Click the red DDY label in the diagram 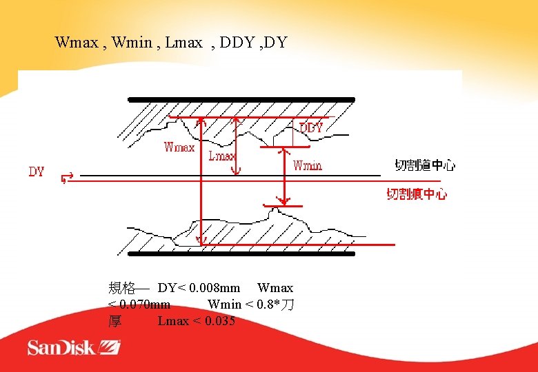[311, 128]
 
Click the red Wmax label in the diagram [179, 147]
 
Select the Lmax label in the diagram [221, 156]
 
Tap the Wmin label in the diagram [307, 165]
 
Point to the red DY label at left [37, 172]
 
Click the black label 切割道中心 [425, 165]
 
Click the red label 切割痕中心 [417, 194]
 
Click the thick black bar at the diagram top [241, 100]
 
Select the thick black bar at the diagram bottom [241, 254]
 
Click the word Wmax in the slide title [77, 43]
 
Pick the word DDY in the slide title [239, 43]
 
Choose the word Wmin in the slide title [131, 43]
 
